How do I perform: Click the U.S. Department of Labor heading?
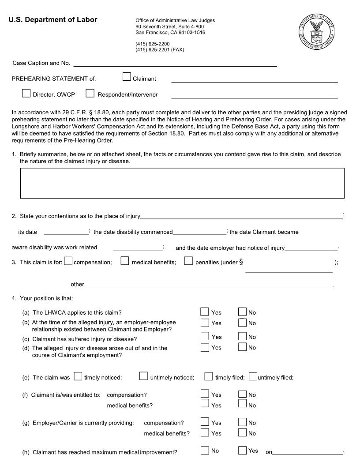[53, 20]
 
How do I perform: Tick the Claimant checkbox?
[127, 77]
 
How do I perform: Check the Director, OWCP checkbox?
[26, 93]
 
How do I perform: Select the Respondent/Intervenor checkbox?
[90, 93]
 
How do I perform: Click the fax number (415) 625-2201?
[159, 50]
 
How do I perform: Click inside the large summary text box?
[182, 183]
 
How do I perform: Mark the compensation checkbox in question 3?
[68, 261]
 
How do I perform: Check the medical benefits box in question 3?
[125, 261]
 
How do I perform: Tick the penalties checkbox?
[188, 261]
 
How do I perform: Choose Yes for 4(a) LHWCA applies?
[205, 312]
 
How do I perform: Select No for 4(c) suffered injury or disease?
[243, 336]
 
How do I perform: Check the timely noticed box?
[78, 376]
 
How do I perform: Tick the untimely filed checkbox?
[253, 376]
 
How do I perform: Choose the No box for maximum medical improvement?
[205, 451]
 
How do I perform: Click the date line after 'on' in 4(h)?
[308, 452]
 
